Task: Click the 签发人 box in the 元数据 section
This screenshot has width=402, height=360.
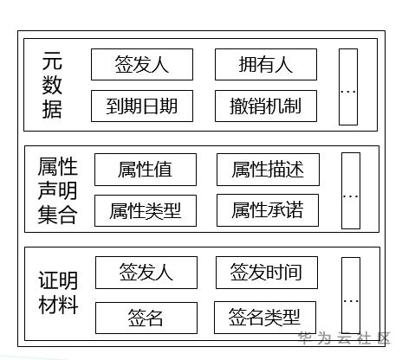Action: click(141, 64)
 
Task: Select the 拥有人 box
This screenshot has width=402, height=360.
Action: click(266, 64)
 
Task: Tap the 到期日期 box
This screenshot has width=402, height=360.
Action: click(141, 106)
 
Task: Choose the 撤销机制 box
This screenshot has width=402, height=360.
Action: click(266, 106)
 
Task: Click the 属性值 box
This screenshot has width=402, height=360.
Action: click(145, 170)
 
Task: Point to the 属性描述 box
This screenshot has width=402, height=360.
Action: click(267, 170)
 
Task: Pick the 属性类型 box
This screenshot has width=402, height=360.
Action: click(145, 210)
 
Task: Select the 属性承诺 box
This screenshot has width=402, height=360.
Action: click(267, 210)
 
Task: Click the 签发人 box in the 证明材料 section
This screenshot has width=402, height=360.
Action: click(146, 273)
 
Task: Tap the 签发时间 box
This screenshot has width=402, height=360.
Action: click(266, 273)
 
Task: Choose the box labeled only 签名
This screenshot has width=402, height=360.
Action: click(146, 317)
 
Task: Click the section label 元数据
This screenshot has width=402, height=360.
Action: click(53, 85)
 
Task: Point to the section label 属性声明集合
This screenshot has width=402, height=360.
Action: click(58, 190)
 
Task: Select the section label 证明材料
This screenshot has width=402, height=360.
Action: click(58, 293)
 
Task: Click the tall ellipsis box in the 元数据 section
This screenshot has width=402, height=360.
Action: click(347, 87)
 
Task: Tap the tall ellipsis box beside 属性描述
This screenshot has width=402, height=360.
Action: click(350, 190)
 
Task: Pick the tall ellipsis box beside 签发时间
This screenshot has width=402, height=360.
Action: click(350, 295)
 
